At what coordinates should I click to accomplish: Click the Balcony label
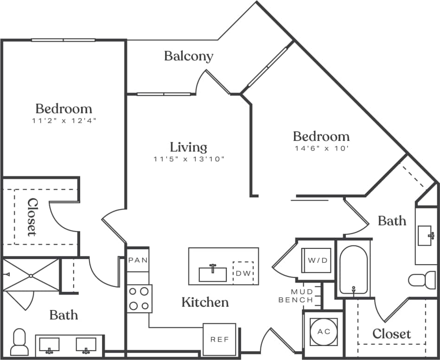pos(189,57)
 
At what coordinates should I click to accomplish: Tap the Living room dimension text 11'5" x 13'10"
pos(189,159)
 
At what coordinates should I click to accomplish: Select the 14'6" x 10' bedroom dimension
pos(321,149)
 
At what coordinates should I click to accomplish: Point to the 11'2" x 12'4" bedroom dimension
pos(64,120)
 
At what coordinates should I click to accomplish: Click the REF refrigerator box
pos(220,339)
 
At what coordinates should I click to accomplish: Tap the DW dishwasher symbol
pos(243,273)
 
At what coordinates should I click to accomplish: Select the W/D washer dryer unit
pos(318,260)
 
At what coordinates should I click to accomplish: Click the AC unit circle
pos(324,331)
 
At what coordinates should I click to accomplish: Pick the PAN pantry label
pos(138,260)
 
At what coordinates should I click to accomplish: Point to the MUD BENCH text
pos(296,296)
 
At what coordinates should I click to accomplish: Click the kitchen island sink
pos(213,274)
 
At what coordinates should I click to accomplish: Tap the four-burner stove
pos(140,299)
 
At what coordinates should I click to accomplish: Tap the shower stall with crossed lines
pos(31,276)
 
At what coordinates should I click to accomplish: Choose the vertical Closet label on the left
pos(32,217)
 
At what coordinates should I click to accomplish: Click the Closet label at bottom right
pos(392,334)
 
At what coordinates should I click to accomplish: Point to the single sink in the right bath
pos(426,235)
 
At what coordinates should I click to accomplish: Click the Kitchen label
pos(205,303)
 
